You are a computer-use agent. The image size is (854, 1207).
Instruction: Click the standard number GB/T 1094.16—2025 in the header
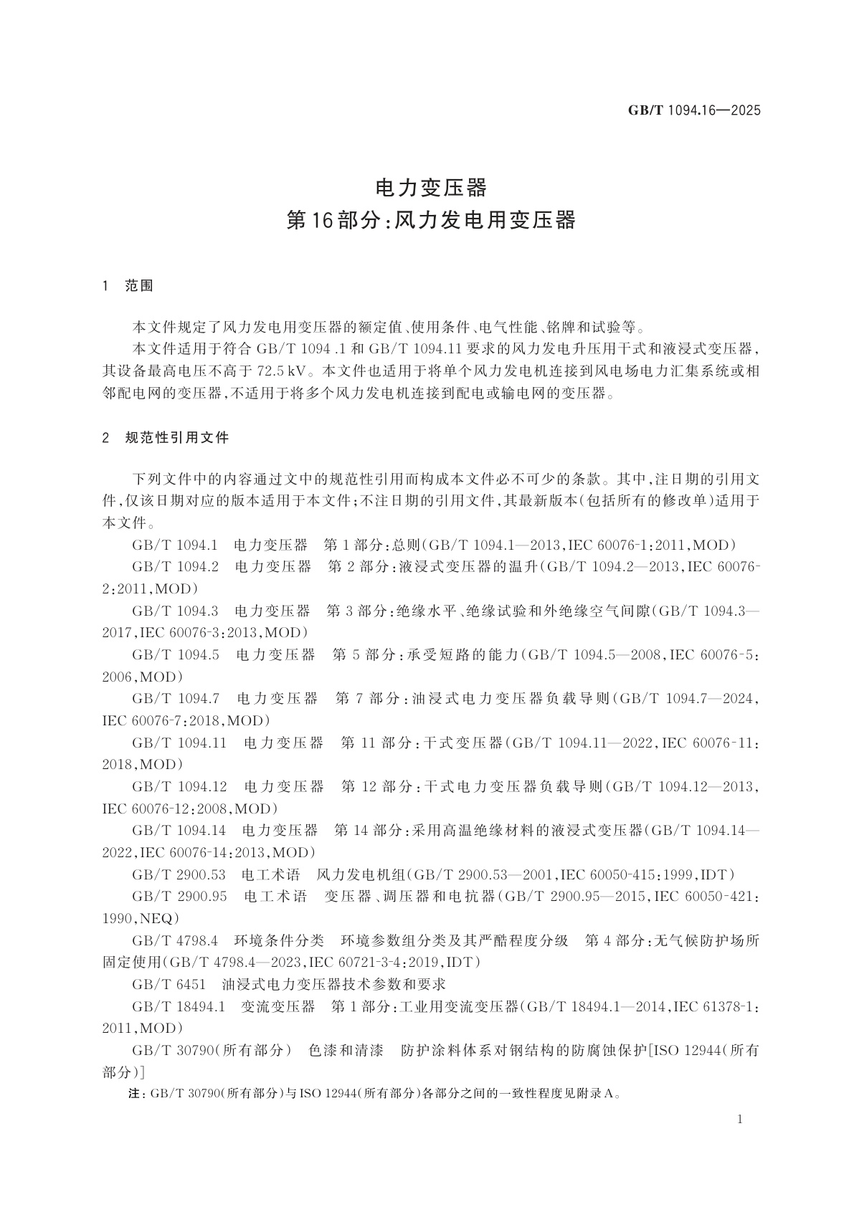[x=693, y=110]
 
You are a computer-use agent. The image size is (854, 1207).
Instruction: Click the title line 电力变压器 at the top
[x=431, y=189]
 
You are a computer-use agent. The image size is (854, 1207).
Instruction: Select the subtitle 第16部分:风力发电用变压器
[x=431, y=220]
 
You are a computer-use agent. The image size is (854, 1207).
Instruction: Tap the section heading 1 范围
[x=128, y=286]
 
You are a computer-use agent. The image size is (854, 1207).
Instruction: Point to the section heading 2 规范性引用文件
[x=166, y=437]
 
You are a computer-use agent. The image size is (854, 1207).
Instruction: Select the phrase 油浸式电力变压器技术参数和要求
[x=334, y=983]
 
